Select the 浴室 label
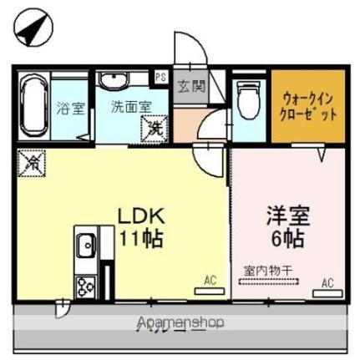[x=69, y=109]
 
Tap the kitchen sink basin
[x=84, y=246]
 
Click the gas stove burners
[x=85, y=286]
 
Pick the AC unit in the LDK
[x=205, y=292]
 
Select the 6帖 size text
[x=287, y=238]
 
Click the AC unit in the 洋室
[x=323, y=292]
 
